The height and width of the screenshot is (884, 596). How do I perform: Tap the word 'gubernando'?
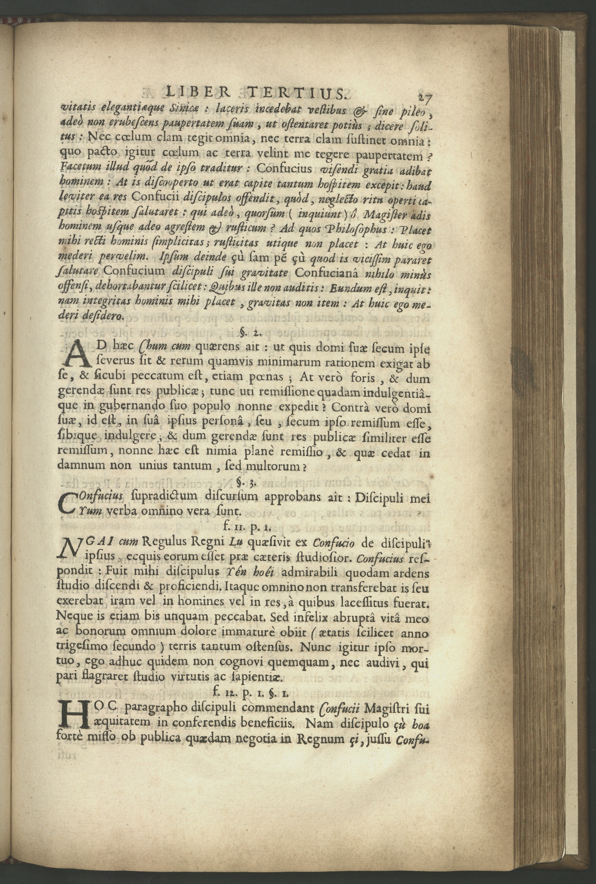click(133, 407)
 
